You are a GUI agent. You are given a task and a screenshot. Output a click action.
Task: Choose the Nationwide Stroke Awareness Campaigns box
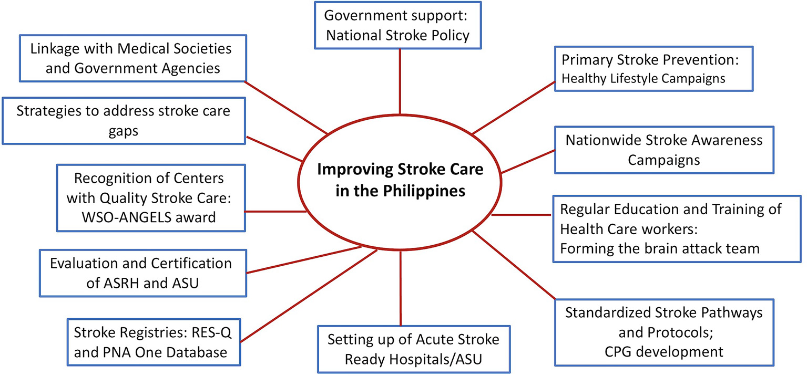[663, 150]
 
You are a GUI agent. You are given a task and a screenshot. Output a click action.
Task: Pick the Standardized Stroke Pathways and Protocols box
[663, 332]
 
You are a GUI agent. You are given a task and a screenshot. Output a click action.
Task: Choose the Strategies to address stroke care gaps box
[124, 121]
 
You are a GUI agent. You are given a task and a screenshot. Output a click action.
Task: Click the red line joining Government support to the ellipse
[401, 79]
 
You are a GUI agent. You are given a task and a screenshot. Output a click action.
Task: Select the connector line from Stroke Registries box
[310, 296]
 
